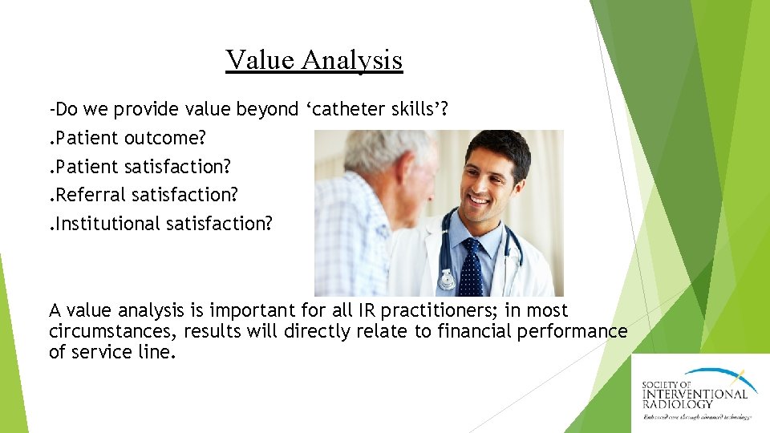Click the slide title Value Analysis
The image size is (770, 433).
click(x=314, y=60)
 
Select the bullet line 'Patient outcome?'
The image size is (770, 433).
click(x=128, y=138)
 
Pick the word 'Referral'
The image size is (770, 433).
click(x=91, y=194)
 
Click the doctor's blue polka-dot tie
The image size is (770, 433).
click(x=472, y=261)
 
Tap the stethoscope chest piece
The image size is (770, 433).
click(x=448, y=280)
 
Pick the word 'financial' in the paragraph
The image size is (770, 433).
click(x=473, y=331)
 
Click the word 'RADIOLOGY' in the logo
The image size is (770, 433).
click(x=678, y=403)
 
